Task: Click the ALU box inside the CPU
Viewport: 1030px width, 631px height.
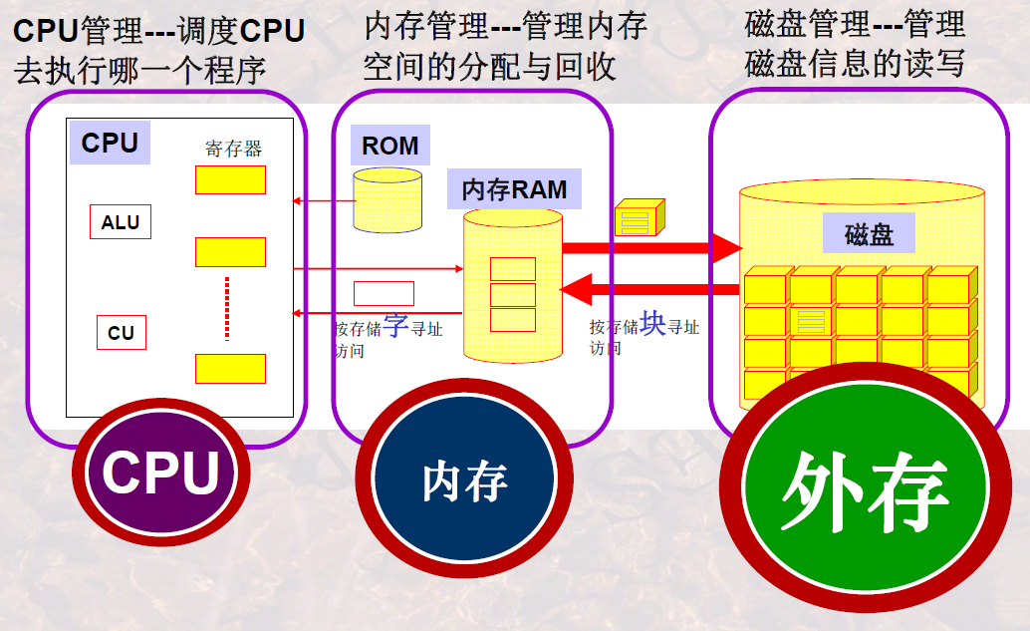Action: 121,222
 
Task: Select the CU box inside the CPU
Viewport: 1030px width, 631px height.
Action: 121,333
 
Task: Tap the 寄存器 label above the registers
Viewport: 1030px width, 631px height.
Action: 233,150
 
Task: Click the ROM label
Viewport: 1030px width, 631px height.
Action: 389,146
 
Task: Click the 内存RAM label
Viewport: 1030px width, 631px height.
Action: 514,188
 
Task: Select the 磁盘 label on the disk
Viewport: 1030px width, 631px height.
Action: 869,234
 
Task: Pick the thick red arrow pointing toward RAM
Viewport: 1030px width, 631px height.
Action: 652,291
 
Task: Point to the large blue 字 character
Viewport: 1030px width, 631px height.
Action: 395,326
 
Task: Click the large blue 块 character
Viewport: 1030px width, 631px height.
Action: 652,324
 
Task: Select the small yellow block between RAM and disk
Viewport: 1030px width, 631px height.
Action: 639,217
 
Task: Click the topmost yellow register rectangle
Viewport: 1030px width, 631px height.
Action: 230,179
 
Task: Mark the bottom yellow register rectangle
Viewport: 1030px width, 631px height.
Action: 230,368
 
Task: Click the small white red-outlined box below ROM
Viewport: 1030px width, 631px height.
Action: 384,293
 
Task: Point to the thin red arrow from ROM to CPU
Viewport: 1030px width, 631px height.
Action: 324,201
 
